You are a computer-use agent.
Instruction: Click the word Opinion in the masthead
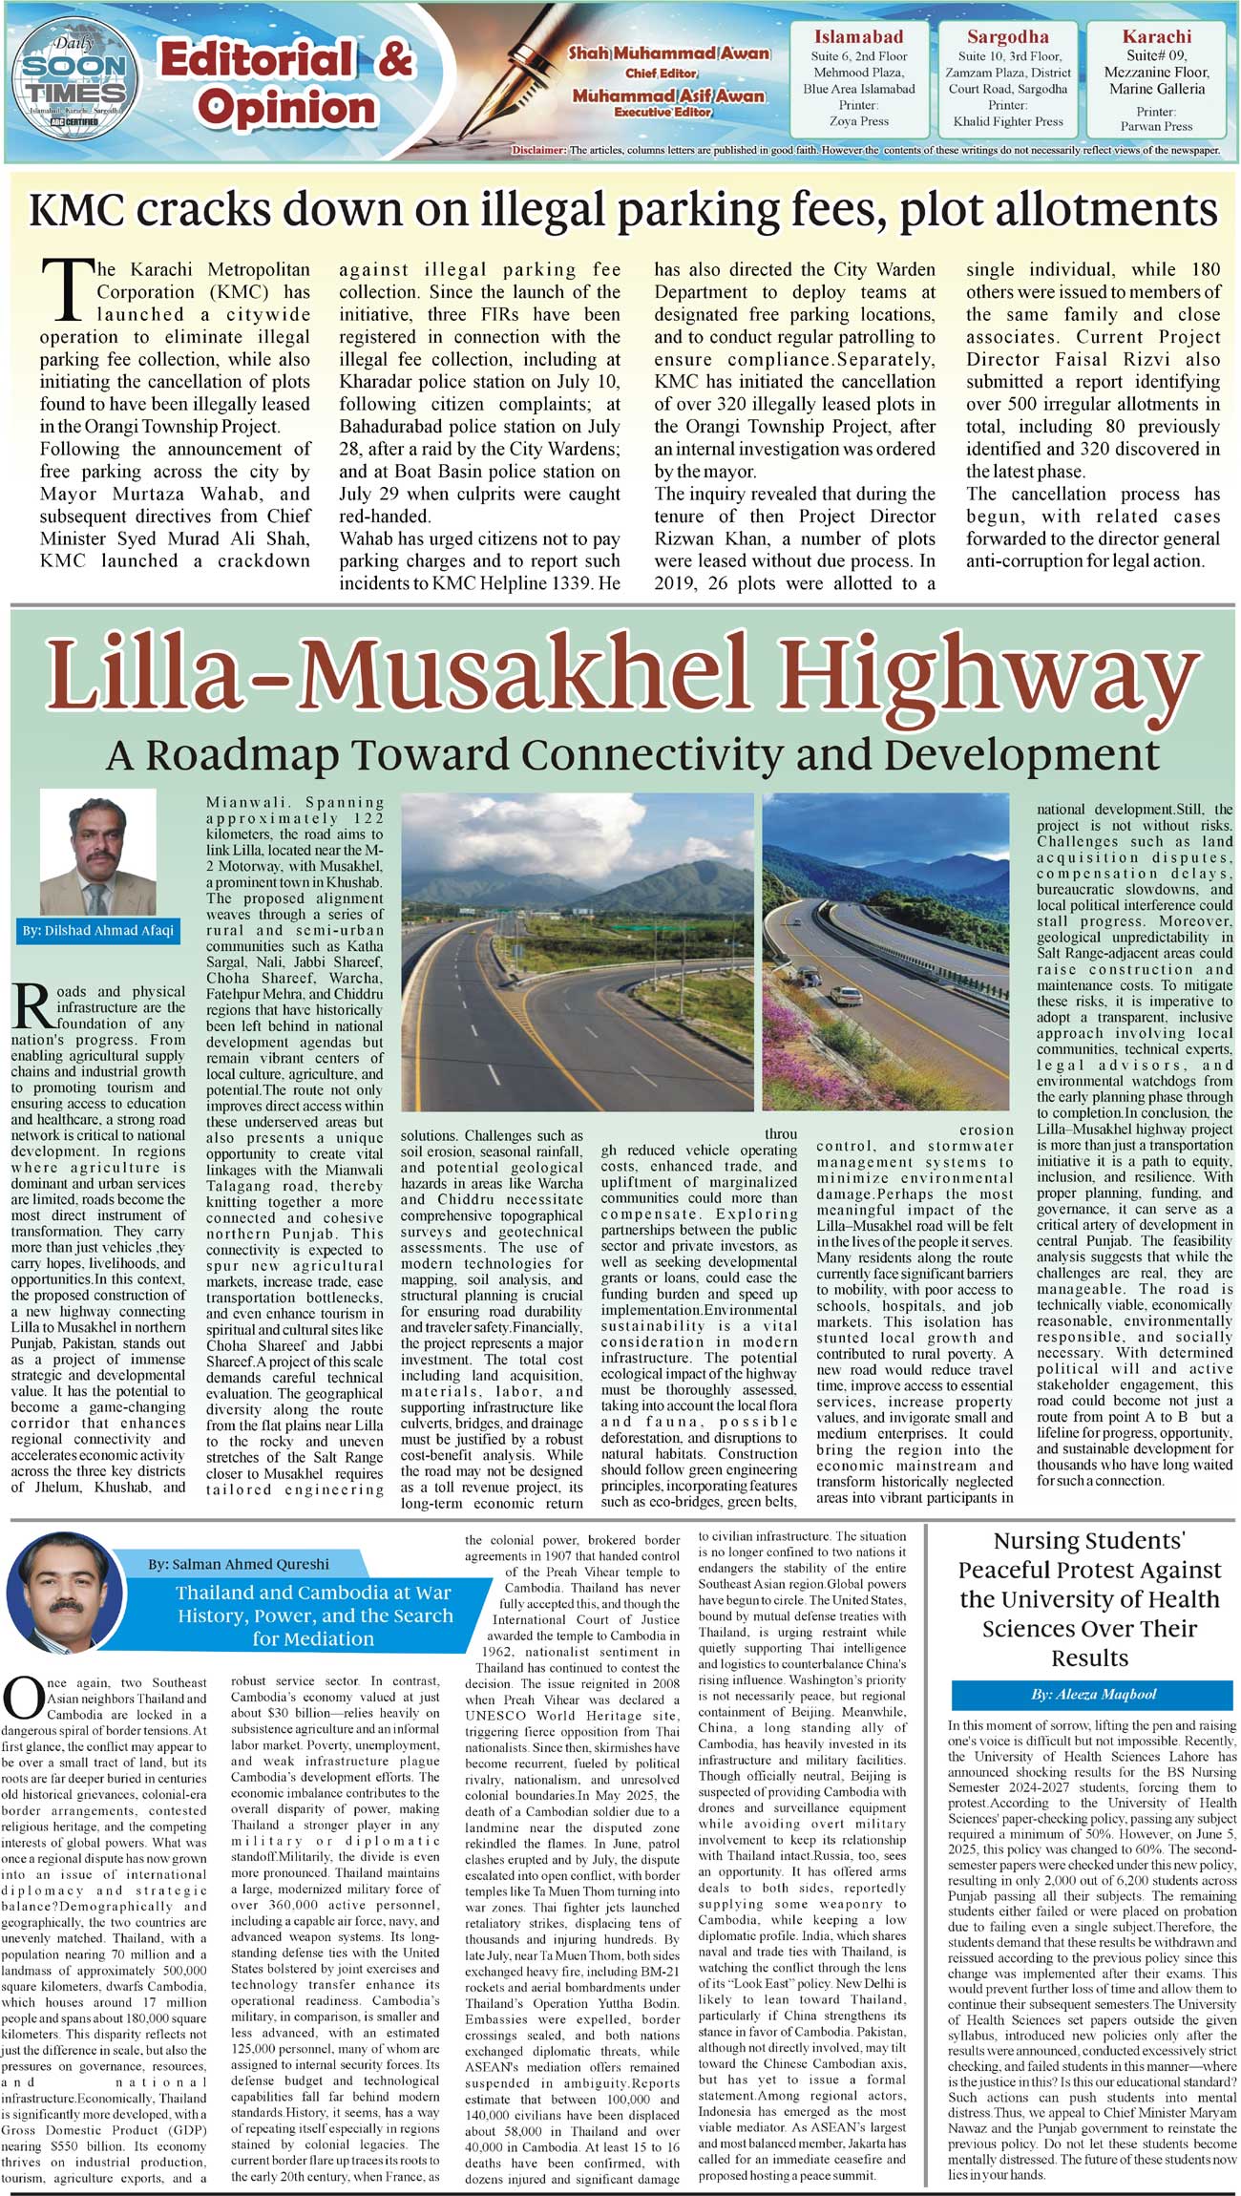[286, 107]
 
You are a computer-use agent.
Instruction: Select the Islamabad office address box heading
[858, 37]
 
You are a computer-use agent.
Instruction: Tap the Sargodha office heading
[1007, 37]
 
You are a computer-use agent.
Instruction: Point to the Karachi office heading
[1156, 37]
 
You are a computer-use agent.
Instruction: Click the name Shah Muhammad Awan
[669, 53]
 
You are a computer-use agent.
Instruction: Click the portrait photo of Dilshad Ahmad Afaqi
[97, 852]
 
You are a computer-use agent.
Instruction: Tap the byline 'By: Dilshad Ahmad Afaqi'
[97, 930]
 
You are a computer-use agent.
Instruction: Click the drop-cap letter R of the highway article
[32, 1008]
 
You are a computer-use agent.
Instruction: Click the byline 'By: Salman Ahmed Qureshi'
[239, 1564]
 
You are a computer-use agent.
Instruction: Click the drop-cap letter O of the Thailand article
[21, 1700]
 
